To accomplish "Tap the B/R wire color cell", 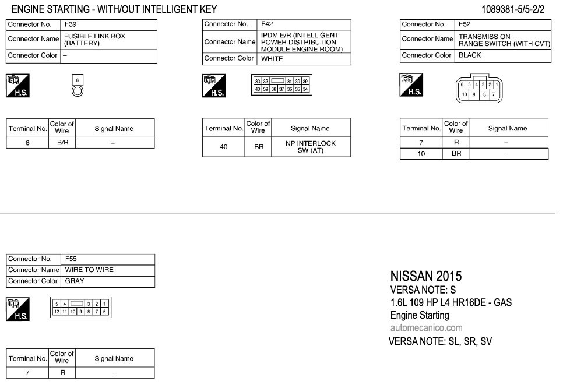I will (x=62, y=142).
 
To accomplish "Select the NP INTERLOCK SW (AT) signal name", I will (x=311, y=147).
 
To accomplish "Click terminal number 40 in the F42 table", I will (x=224, y=147).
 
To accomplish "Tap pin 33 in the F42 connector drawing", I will (x=258, y=82).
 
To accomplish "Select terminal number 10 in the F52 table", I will (x=421, y=154).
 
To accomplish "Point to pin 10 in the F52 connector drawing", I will (x=465, y=94).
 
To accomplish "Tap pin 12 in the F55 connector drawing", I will (x=57, y=312).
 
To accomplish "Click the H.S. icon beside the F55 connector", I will (x=17, y=309).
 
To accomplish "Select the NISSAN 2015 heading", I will (x=425, y=276).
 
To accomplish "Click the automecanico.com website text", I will (x=426, y=328).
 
